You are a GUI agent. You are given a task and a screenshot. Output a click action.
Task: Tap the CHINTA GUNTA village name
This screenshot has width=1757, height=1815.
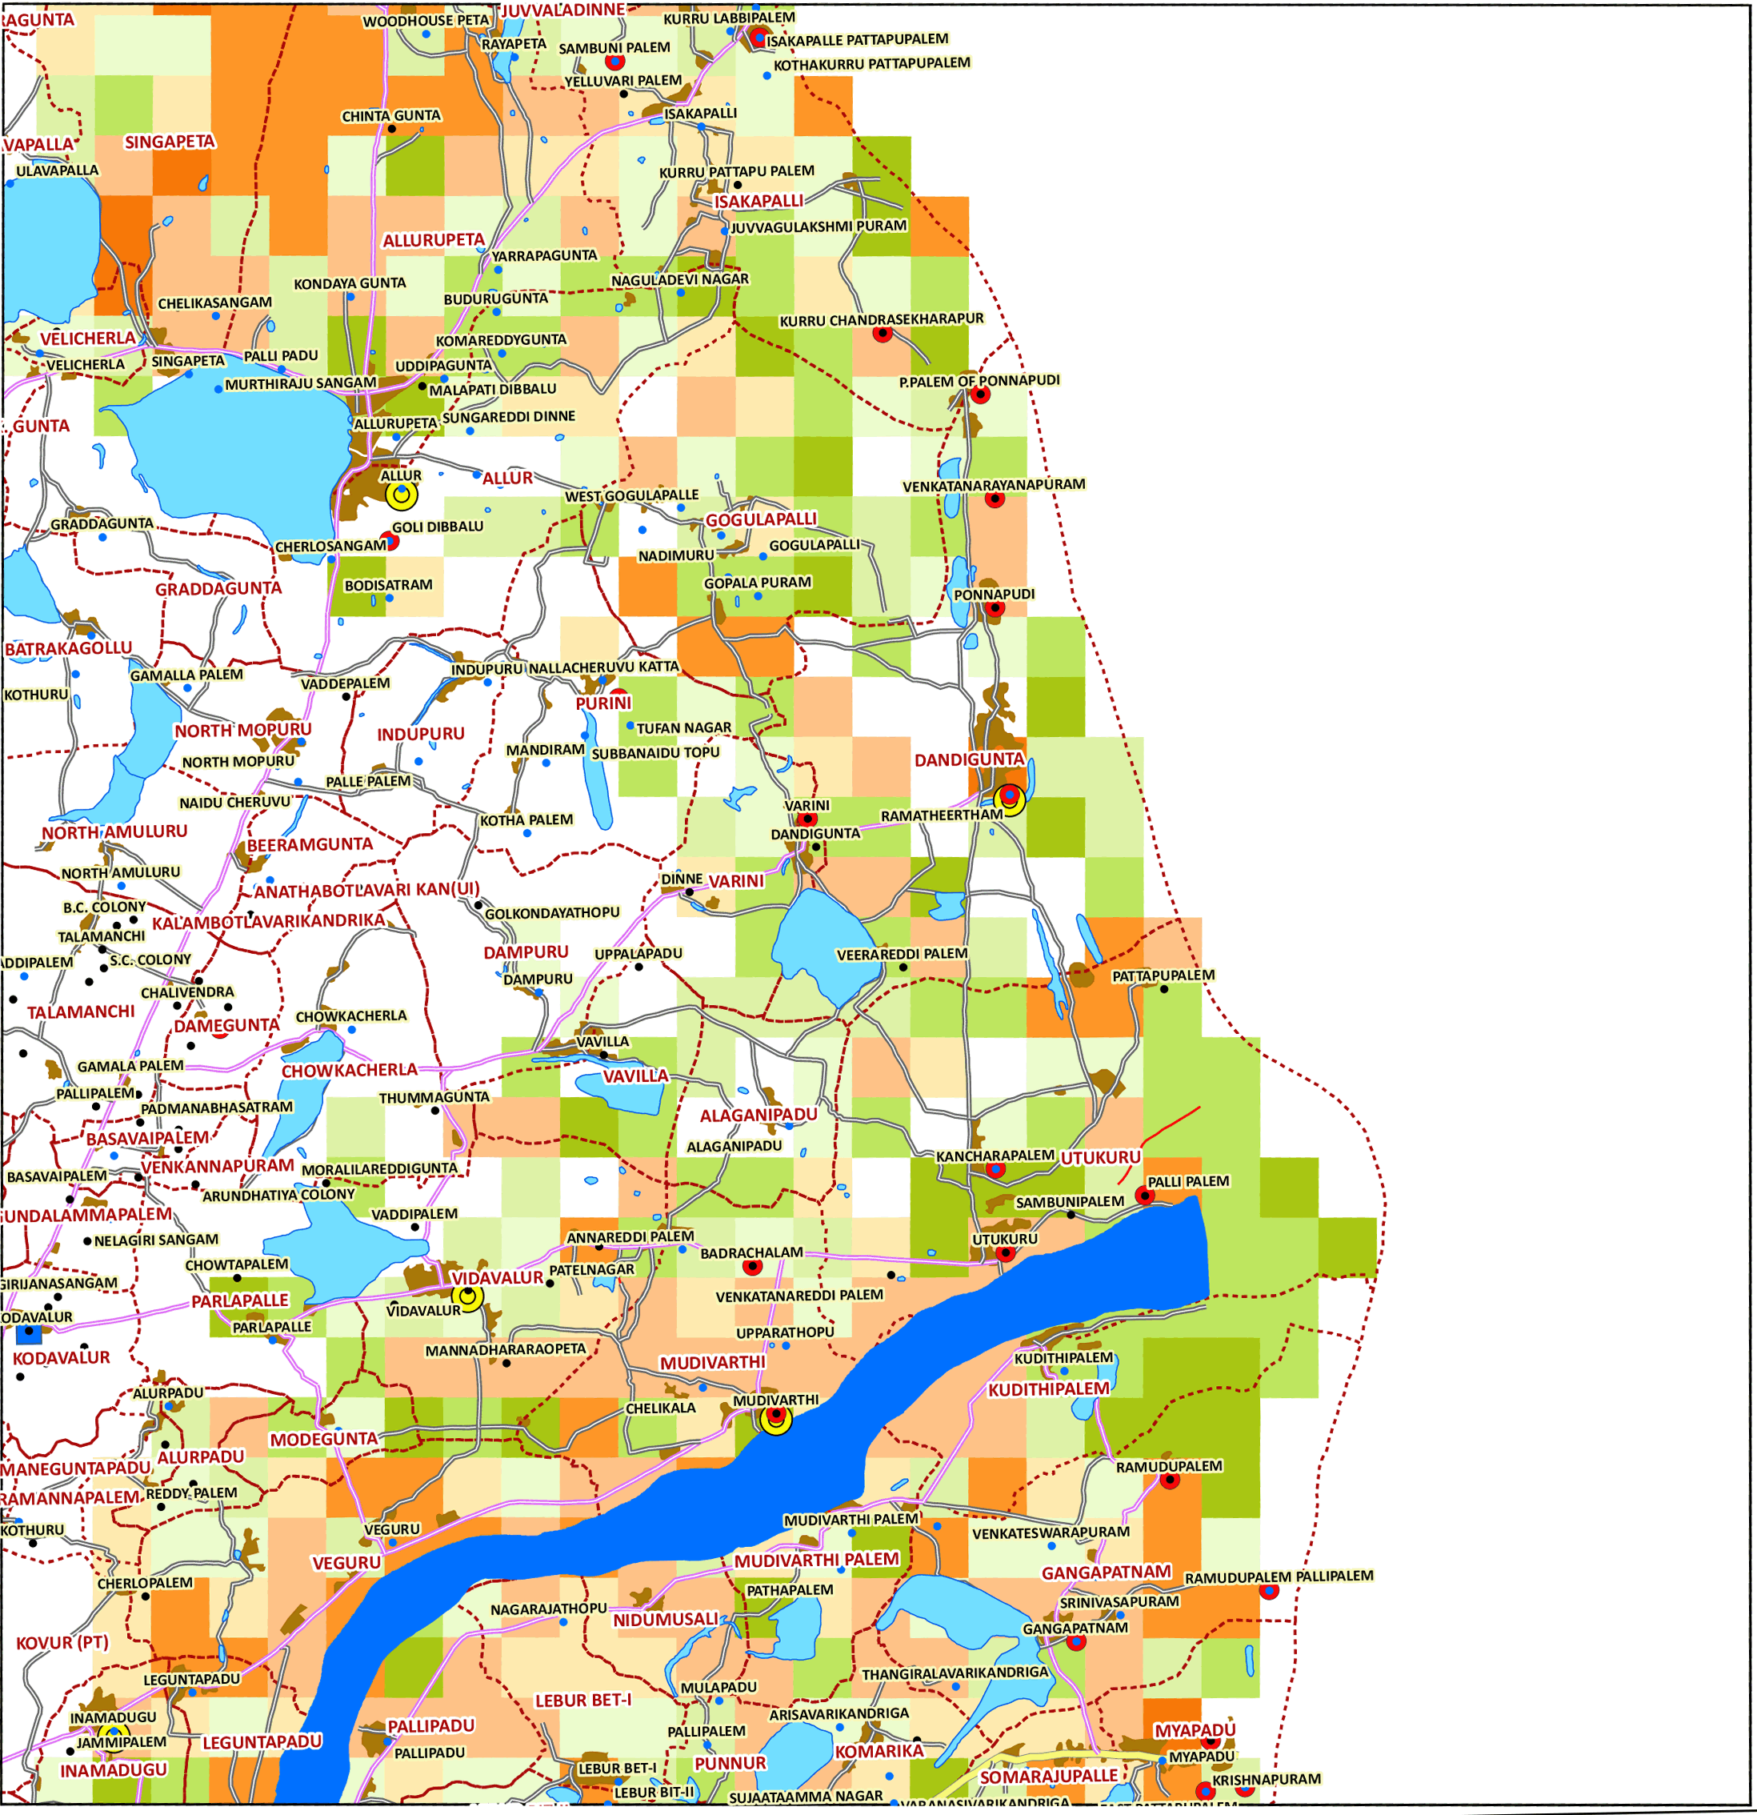pos(390,117)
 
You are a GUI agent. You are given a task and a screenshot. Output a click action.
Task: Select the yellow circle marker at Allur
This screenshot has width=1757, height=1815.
pos(401,495)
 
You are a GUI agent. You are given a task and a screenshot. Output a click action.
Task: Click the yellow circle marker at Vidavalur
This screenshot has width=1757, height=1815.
pos(468,1297)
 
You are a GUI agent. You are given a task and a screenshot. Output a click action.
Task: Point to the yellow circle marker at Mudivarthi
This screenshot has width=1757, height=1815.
pos(776,1419)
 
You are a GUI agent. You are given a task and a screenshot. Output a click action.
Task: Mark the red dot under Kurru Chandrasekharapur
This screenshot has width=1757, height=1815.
pos(883,334)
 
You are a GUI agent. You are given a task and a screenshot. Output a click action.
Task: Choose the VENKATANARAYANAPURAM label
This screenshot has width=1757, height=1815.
pos(993,485)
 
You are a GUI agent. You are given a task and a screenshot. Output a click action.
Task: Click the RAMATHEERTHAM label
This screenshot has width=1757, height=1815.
pos(941,815)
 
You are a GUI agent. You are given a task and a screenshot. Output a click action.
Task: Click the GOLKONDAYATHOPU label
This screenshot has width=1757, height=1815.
pos(552,913)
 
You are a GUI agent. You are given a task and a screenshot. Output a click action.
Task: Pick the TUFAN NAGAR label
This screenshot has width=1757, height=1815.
pos(683,728)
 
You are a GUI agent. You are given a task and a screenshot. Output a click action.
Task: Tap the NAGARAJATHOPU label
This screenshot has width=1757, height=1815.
pos(548,1609)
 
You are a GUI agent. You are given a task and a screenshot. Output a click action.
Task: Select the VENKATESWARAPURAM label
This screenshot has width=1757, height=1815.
pos(1050,1533)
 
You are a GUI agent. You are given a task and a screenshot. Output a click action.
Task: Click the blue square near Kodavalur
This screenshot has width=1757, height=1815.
pos(29,1334)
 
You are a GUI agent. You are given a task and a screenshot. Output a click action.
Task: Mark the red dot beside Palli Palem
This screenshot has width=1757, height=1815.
pos(1144,1196)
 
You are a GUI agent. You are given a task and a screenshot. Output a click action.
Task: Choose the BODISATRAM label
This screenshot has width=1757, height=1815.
pos(388,585)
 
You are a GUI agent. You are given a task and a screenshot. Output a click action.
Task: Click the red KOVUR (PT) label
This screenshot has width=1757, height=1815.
pos(62,1643)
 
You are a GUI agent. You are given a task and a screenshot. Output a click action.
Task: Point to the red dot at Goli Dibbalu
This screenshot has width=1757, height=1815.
pos(390,542)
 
